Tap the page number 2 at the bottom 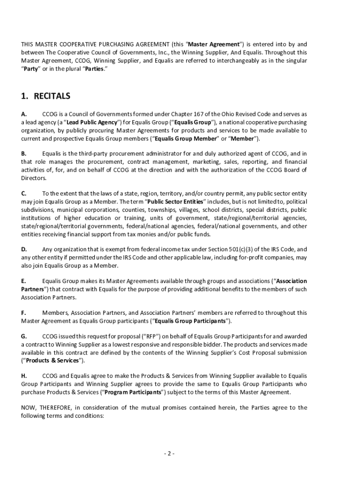[x=169, y=453]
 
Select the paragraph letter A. [x=23, y=114]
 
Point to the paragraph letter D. [x=24, y=249]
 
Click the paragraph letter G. [x=24, y=336]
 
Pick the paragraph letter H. [x=24, y=376]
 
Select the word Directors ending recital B [x=33, y=178]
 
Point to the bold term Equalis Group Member [x=186, y=139]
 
